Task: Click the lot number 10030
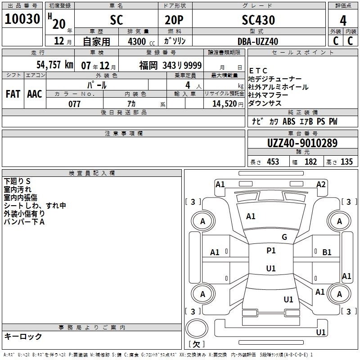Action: click(22, 19)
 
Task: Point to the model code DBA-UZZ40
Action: click(258, 41)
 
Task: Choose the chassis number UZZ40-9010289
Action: click(302, 144)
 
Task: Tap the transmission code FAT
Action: click(13, 94)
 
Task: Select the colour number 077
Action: click(74, 104)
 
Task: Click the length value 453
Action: click(273, 162)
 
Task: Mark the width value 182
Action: click(310, 162)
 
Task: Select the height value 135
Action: click(346, 162)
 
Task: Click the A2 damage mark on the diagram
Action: click(321, 184)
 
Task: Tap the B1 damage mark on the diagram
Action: click(327, 252)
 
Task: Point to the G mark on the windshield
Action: click(284, 237)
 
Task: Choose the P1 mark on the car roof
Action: click(271, 251)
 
